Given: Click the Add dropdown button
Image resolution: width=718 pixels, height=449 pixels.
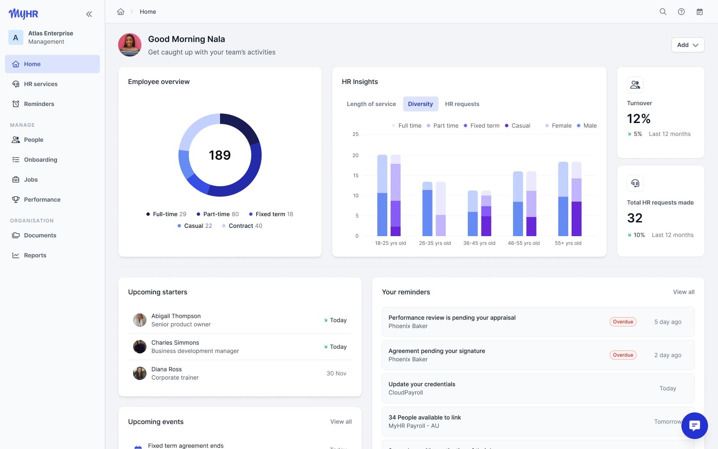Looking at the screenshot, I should pyautogui.click(x=687, y=45).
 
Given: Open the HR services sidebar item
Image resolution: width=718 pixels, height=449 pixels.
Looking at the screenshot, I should pyautogui.click(x=40, y=84).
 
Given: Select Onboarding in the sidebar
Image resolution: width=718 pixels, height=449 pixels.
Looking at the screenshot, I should pyautogui.click(x=40, y=160).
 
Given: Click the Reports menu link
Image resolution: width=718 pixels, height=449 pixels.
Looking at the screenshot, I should pyautogui.click(x=35, y=255).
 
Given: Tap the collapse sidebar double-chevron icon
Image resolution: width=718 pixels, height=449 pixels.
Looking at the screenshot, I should pyautogui.click(x=89, y=14).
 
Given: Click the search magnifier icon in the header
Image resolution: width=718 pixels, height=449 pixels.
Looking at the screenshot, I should pyautogui.click(x=663, y=12).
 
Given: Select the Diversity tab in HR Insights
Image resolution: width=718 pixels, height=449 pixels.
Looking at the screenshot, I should pyautogui.click(x=420, y=104).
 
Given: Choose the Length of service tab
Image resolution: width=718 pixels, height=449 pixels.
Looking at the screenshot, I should pyautogui.click(x=371, y=104).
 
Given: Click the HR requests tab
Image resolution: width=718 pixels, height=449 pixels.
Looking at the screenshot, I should pyautogui.click(x=462, y=104).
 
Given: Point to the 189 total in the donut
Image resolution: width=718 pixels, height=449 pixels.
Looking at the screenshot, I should pyautogui.click(x=220, y=155).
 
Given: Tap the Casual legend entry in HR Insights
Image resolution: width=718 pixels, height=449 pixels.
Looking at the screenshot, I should pyautogui.click(x=517, y=126).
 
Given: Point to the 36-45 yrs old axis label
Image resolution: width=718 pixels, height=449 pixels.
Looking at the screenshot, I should pyautogui.click(x=479, y=243).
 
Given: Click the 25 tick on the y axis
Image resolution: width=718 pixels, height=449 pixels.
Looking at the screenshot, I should pyautogui.click(x=355, y=134).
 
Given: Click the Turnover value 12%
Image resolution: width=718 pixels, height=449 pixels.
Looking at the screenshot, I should pyautogui.click(x=639, y=119).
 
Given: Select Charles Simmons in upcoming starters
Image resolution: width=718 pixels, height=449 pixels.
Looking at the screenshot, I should pyautogui.click(x=175, y=343).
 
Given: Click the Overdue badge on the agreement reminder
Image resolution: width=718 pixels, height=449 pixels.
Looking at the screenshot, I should pyautogui.click(x=623, y=355).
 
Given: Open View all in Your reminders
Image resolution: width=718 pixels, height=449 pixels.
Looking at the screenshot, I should pyautogui.click(x=683, y=292).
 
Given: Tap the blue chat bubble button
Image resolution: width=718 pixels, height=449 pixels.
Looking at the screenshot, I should pyautogui.click(x=694, y=426).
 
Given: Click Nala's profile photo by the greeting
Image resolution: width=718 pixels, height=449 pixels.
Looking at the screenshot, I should pyautogui.click(x=130, y=45).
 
